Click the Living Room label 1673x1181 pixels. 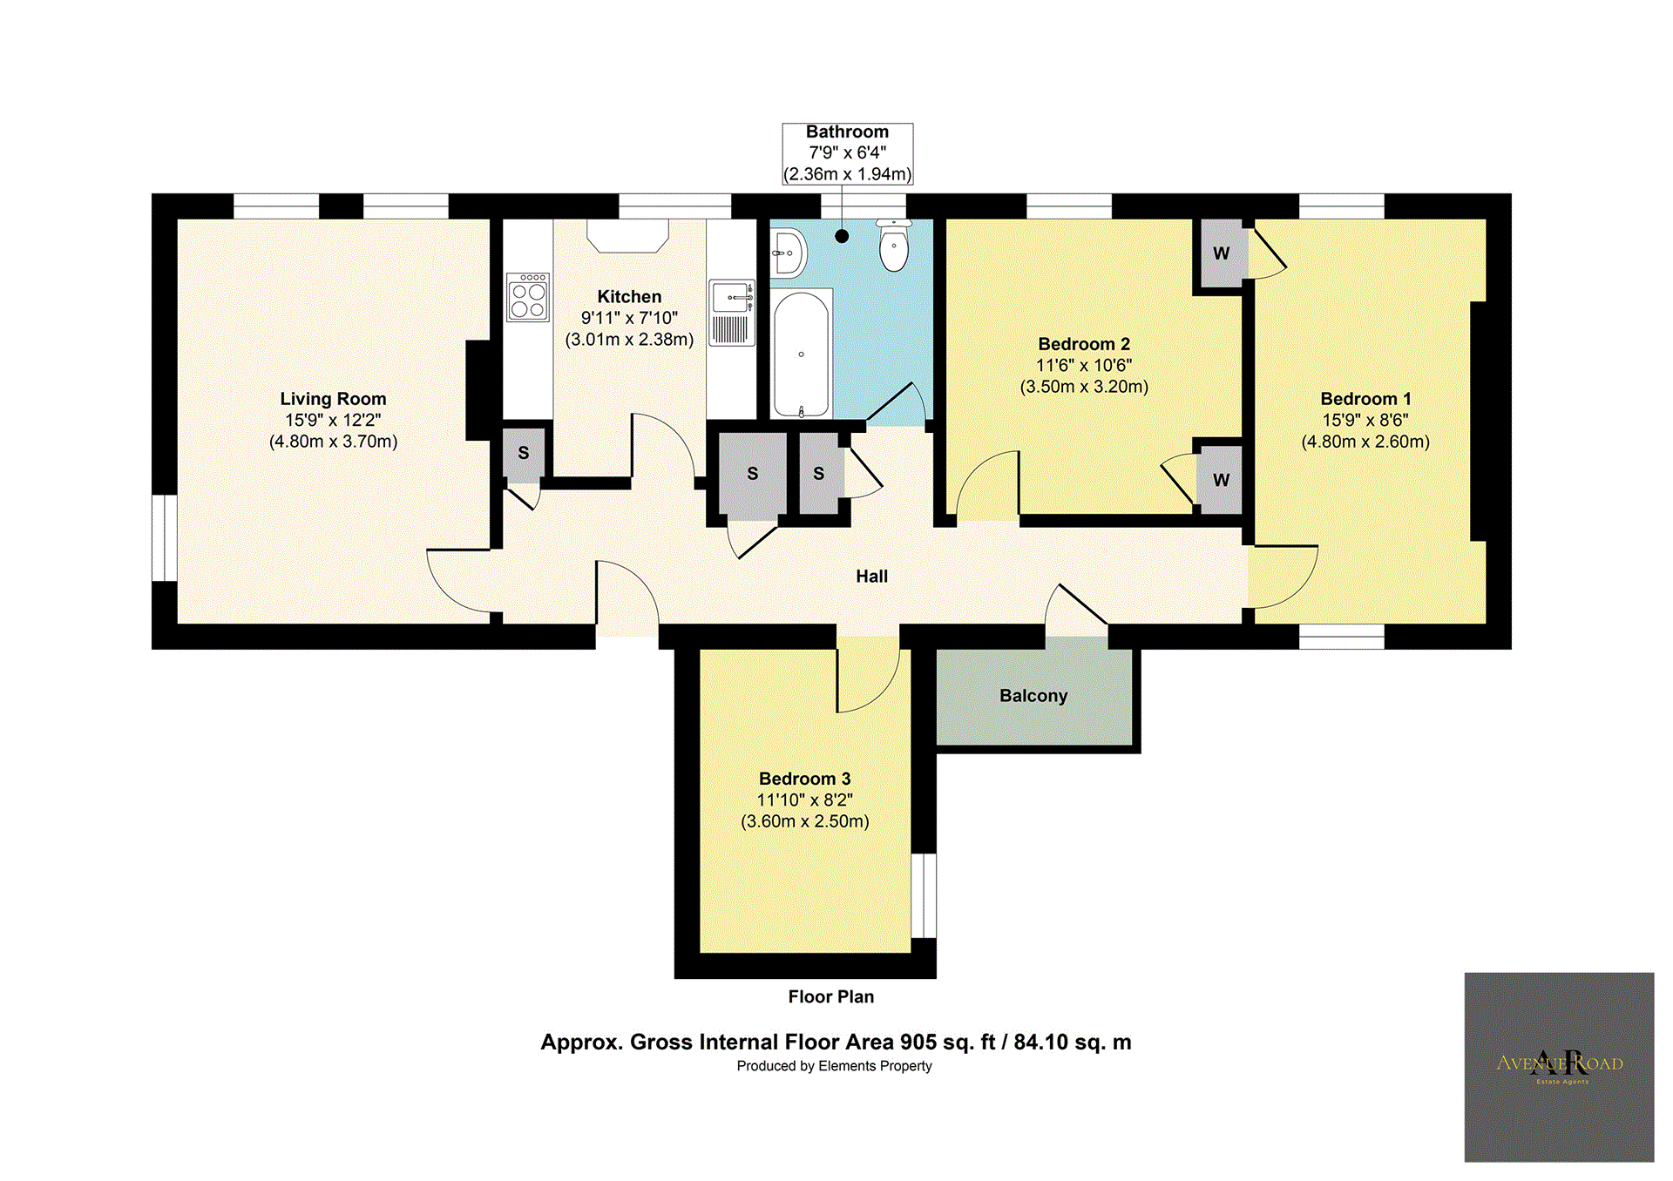pyautogui.click(x=333, y=399)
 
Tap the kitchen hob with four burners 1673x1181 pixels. pyautogui.click(x=528, y=298)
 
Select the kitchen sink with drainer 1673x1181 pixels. pyautogui.click(x=731, y=313)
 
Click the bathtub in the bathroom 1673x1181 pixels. pyautogui.click(x=802, y=354)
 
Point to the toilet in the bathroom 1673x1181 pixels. pyautogui.click(x=894, y=246)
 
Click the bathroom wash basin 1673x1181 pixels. pyautogui.click(x=788, y=253)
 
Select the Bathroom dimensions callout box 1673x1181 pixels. pyautogui.click(x=847, y=153)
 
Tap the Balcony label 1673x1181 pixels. pyautogui.click(x=1033, y=696)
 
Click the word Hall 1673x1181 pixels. pyautogui.click(x=871, y=577)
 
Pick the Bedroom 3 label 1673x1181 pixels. pyautogui.click(x=804, y=779)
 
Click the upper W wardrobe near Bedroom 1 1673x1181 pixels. pyautogui.click(x=1221, y=253)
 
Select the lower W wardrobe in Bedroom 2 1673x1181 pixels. pyautogui.click(x=1221, y=480)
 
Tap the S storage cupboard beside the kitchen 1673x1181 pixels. pyautogui.click(x=523, y=453)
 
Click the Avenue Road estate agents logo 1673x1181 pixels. pyautogui.click(x=1559, y=1067)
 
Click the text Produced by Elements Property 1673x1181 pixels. pyautogui.click(x=834, y=1066)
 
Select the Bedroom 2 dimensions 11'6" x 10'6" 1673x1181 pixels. pyautogui.click(x=1083, y=366)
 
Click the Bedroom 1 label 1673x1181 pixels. pyautogui.click(x=1365, y=399)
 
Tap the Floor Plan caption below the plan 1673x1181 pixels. pyautogui.click(x=830, y=997)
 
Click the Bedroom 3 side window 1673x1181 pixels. pyautogui.click(x=924, y=895)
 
